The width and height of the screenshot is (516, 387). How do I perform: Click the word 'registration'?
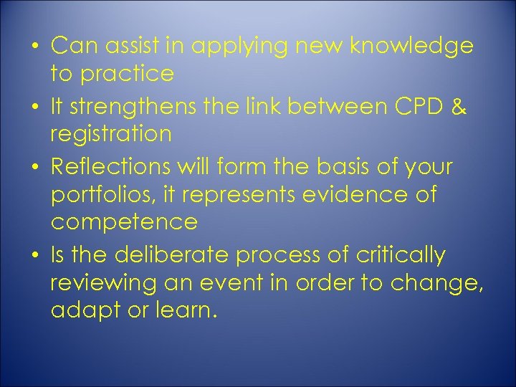[x=111, y=134]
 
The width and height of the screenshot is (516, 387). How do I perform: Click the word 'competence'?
[x=124, y=222]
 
